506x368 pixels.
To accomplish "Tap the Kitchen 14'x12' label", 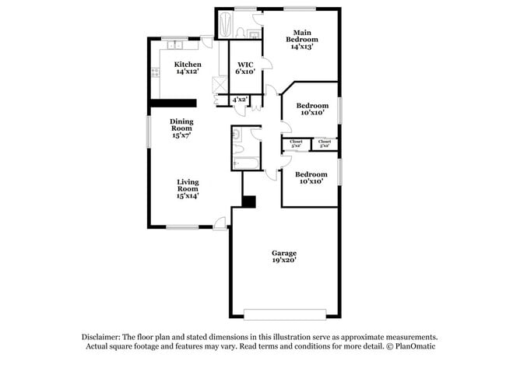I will (x=187, y=68).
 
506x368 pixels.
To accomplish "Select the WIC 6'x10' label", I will (x=245, y=68).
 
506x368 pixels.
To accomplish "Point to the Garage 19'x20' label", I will (x=283, y=257).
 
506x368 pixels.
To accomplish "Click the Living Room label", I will (x=188, y=189).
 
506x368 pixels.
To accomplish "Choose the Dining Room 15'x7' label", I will (x=181, y=128).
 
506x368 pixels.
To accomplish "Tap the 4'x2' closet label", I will (x=239, y=100).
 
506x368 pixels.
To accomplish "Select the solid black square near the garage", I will (x=248, y=202).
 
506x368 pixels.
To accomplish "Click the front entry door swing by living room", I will (x=221, y=223).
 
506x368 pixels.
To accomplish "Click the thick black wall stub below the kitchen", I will (x=173, y=100).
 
